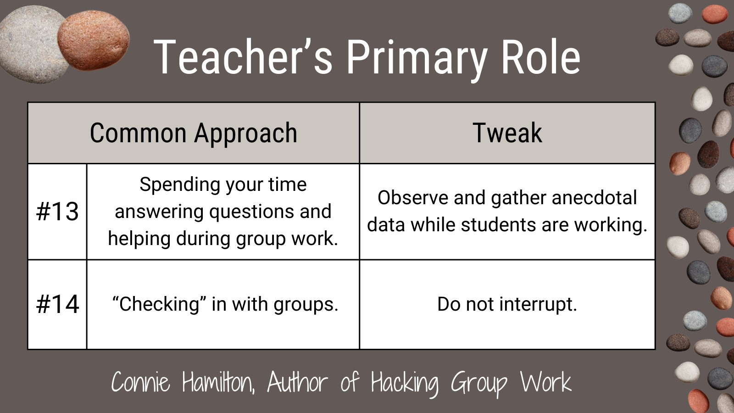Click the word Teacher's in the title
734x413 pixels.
pos(243,57)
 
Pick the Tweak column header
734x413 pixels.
pos(507,133)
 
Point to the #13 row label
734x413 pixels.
pos(57,212)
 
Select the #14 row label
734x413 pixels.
pos(57,304)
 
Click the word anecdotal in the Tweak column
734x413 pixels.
pos(595,198)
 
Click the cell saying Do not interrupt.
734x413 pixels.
pos(507,304)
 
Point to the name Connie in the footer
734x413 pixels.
pos(140,382)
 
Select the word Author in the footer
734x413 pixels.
pos(297,382)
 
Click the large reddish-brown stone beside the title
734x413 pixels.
pos(94,41)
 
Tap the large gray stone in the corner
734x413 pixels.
pos(31,44)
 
